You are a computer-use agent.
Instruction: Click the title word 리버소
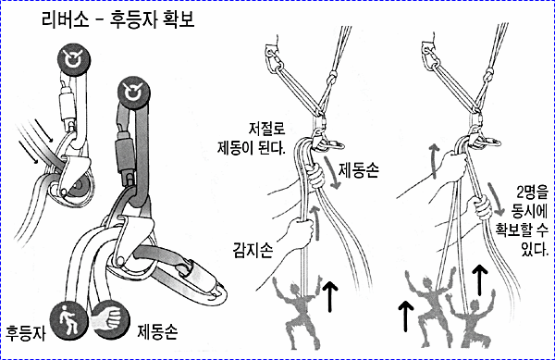pyautogui.click(x=65, y=19)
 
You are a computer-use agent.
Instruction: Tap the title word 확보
pyautogui.click(x=179, y=19)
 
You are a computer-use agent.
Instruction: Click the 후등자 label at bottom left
pyautogui.click(x=26, y=333)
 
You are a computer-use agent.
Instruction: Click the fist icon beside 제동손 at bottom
pyautogui.click(x=109, y=319)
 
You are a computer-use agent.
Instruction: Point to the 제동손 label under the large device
pyautogui.click(x=157, y=331)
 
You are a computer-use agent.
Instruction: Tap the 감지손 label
pyautogui.click(x=253, y=250)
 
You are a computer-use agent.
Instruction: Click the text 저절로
pyautogui.click(x=267, y=128)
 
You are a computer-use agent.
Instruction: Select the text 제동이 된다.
pyautogui.click(x=252, y=147)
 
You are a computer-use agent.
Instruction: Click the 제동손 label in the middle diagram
pyautogui.click(x=359, y=169)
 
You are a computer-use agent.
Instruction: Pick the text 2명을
pyautogui.click(x=532, y=192)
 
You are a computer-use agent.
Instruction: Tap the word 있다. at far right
pyautogui.click(x=535, y=249)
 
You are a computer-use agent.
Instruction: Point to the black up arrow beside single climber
pyautogui.click(x=330, y=297)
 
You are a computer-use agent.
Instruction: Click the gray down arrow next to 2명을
pyautogui.click(x=496, y=200)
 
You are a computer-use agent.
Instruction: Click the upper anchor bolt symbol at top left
pyautogui.click(x=74, y=59)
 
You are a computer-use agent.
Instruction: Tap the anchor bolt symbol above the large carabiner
pyautogui.click(x=133, y=93)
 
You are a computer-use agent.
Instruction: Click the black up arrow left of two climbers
pyautogui.click(x=406, y=317)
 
